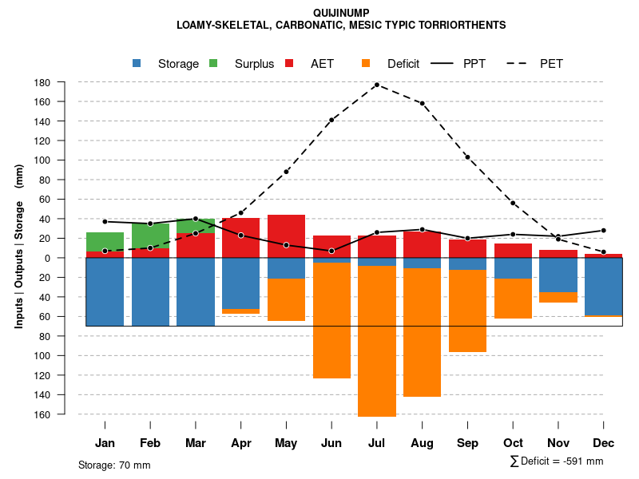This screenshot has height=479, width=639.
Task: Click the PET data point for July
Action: [376, 85]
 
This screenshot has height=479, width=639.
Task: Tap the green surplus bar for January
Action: [105, 242]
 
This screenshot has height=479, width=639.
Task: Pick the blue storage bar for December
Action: [603, 287]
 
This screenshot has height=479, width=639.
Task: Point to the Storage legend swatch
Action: [137, 64]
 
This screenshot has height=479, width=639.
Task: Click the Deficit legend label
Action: [403, 64]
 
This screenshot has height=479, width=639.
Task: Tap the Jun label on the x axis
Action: [331, 443]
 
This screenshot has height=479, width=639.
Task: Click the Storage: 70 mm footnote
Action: [114, 465]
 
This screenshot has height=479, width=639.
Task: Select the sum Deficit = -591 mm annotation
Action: [556, 461]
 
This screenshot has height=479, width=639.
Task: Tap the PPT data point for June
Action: [331, 251]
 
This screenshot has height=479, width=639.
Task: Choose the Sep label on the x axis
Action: [467, 443]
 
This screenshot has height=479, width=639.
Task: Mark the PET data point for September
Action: [467, 157]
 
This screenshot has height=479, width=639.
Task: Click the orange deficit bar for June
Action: [331, 320]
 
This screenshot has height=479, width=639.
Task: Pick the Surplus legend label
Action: [254, 64]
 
